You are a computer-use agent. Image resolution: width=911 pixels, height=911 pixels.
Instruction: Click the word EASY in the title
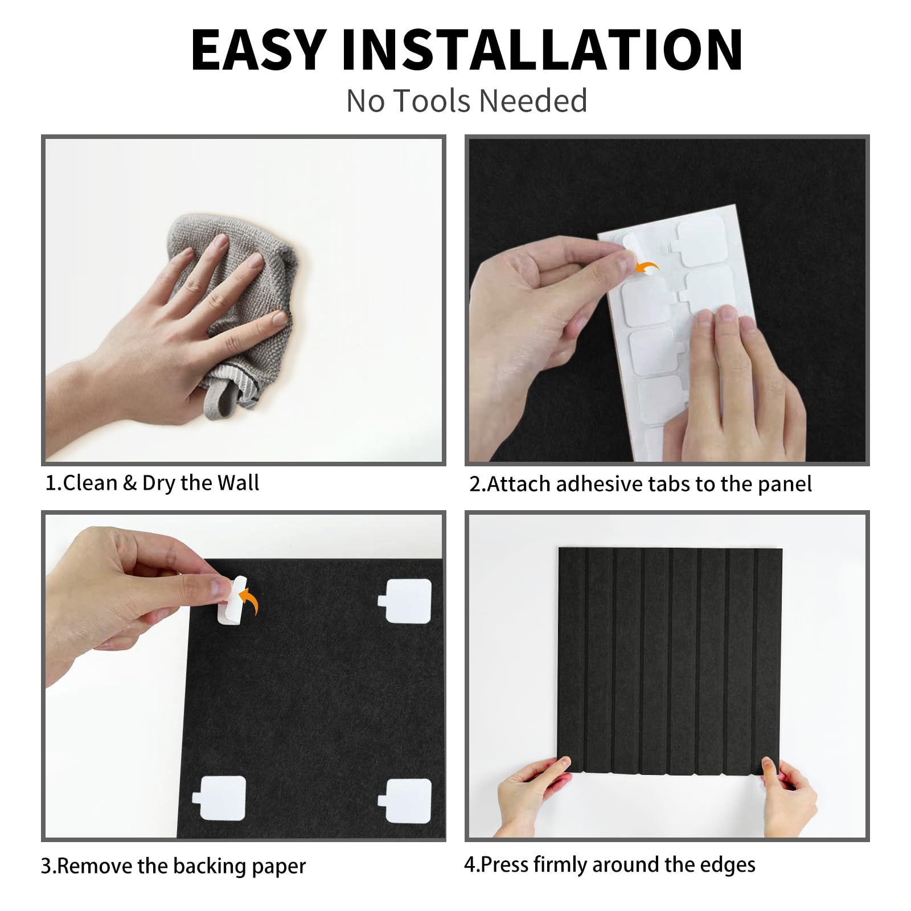click(258, 50)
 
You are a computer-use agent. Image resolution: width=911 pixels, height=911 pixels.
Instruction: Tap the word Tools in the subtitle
click(434, 101)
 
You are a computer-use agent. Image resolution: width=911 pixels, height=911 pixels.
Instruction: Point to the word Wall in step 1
click(238, 483)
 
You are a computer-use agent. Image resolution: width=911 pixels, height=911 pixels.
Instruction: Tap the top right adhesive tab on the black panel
click(405, 601)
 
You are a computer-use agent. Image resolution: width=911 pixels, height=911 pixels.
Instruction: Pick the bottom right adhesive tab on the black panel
click(405, 801)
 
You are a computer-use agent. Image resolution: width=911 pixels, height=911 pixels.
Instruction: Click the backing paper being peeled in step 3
click(232, 600)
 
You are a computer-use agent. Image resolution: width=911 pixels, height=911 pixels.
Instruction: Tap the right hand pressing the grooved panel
click(789, 794)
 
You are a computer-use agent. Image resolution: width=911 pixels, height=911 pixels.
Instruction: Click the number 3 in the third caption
click(46, 866)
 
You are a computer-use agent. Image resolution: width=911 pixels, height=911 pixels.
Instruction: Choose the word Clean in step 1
click(90, 483)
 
